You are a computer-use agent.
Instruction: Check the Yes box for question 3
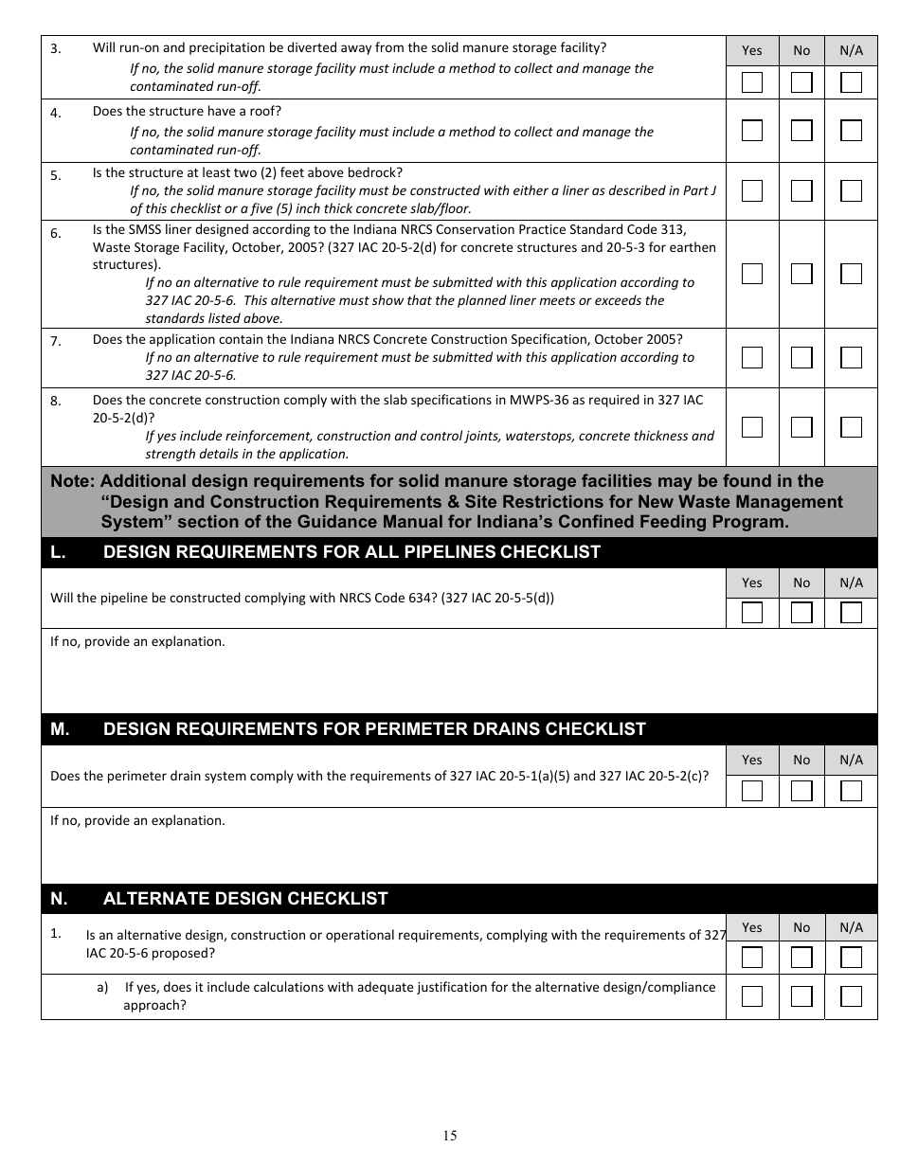(x=752, y=82)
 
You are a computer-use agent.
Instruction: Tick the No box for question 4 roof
(x=802, y=130)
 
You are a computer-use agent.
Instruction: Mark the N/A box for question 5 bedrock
(x=852, y=190)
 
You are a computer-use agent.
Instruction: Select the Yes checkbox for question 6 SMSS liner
(x=752, y=274)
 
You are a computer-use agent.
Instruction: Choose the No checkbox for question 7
(x=802, y=357)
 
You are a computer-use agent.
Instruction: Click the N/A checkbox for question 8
(x=852, y=426)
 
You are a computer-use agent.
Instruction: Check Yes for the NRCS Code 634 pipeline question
(x=752, y=612)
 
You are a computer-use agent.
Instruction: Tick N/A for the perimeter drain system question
(x=852, y=791)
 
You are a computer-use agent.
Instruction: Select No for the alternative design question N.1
(x=802, y=958)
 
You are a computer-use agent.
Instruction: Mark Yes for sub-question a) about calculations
(x=752, y=995)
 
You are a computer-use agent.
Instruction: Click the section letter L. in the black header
(x=58, y=552)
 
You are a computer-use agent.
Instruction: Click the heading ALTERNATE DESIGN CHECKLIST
(x=245, y=899)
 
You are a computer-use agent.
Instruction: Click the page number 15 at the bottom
(x=450, y=1136)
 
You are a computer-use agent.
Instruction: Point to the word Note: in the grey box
(x=72, y=481)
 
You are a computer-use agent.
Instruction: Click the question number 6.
(x=56, y=233)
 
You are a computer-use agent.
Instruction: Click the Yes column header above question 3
(x=752, y=50)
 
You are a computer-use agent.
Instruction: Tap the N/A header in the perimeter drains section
(x=852, y=760)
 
